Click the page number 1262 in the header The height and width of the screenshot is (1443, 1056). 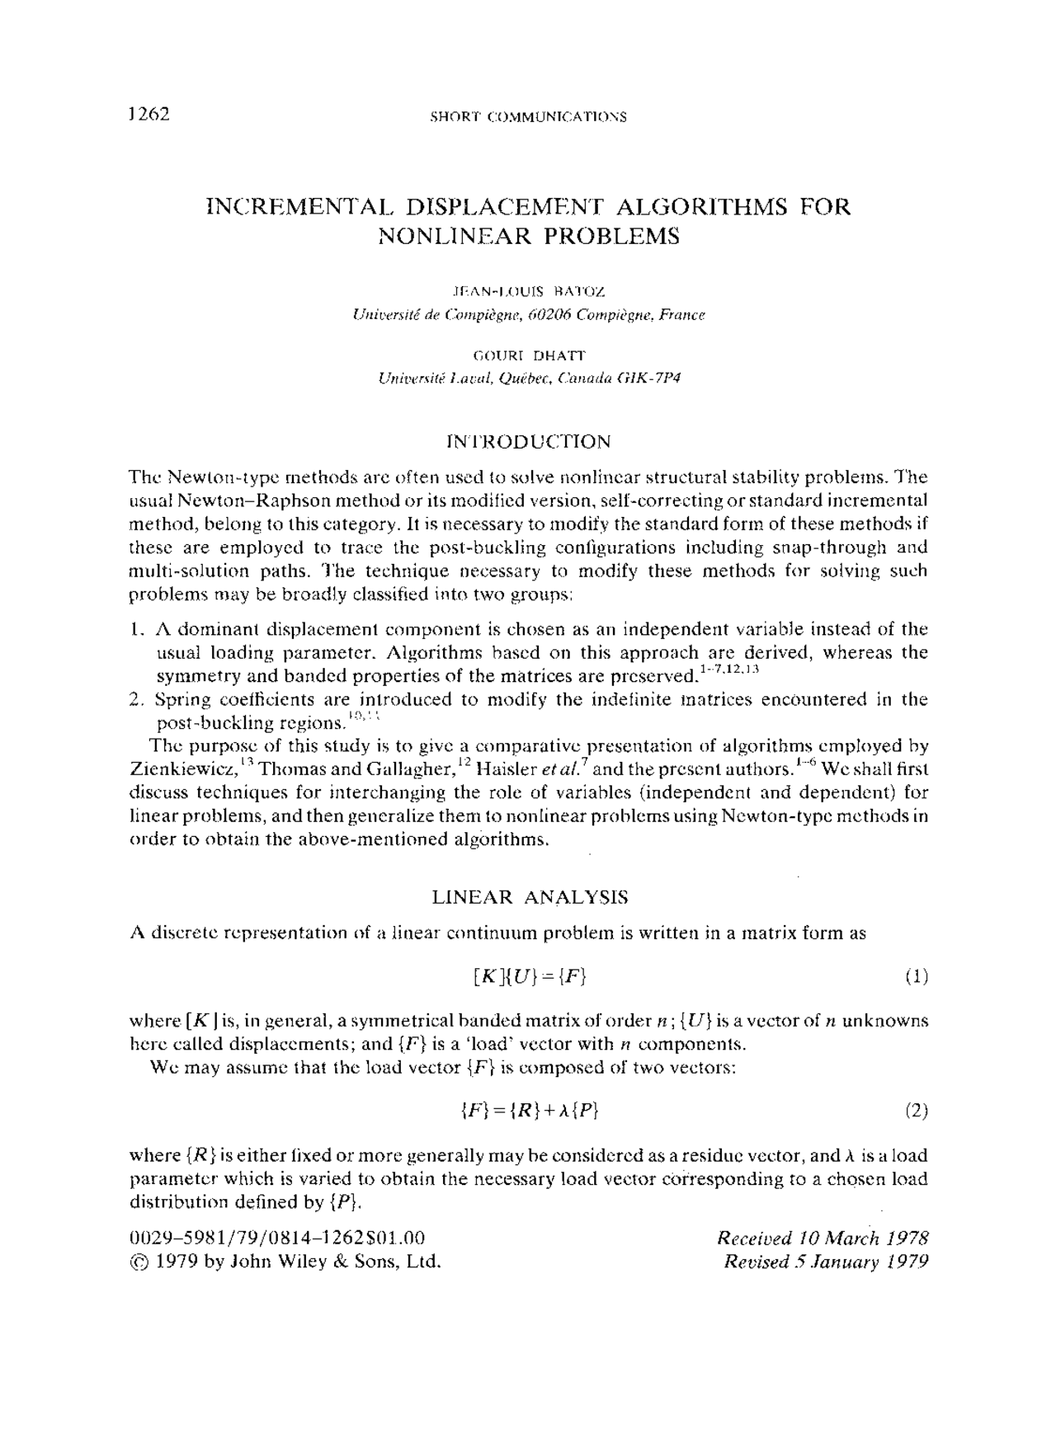(149, 115)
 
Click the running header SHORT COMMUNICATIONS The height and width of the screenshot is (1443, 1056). (528, 117)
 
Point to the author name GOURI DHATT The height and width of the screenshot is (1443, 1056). (528, 355)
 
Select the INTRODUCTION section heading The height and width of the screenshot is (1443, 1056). (528, 442)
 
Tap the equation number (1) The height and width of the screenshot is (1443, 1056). (916, 977)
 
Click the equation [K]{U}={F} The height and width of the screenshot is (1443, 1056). (529, 977)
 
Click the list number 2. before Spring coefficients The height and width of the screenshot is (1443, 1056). (137, 700)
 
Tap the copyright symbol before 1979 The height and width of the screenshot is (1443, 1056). (140, 1262)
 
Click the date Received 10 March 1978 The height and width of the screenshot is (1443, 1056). (823, 1239)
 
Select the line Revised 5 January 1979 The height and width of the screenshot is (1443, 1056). (826, 1262)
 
